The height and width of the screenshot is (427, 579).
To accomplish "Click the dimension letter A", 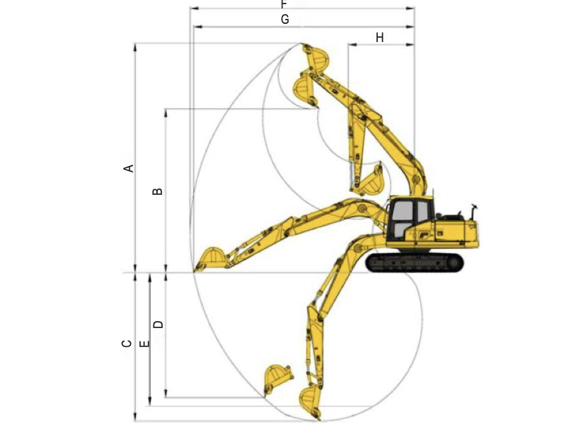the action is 128,168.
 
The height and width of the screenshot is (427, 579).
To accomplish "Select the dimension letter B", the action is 158,191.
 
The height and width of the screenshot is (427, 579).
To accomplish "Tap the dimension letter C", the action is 127,344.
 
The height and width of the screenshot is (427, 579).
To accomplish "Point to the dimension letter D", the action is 158,325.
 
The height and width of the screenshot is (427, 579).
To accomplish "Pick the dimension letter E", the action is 144,344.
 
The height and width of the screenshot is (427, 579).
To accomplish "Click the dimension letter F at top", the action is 284,4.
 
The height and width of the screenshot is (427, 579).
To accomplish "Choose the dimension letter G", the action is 285,19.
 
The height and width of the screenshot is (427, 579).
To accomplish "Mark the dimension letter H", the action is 380,38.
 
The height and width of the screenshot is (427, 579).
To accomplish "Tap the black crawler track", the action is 414,262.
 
